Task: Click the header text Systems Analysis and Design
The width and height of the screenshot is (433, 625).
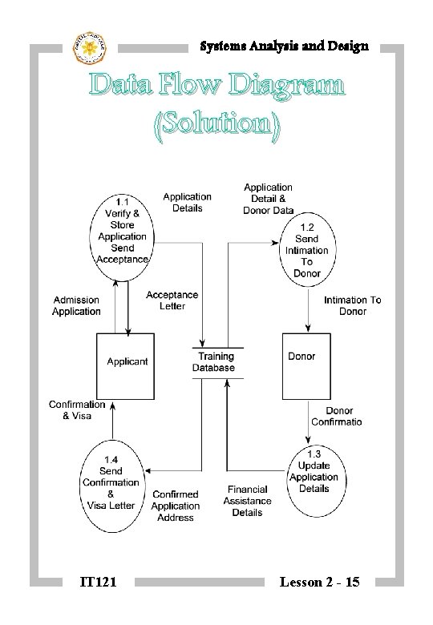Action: (284, 46)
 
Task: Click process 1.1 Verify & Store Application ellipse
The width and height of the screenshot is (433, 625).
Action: (122, 230)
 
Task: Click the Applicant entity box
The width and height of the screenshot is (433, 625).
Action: (127, 365)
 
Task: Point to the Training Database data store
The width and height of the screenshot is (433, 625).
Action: (212, 362)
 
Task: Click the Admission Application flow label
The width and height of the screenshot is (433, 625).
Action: (77, 305)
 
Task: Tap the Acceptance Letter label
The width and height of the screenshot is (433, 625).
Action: (172, 300)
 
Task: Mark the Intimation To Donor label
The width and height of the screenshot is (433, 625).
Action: (352, 305)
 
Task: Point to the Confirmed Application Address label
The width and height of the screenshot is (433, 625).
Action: (175, 506)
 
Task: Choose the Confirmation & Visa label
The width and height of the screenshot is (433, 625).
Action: (77, 410)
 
